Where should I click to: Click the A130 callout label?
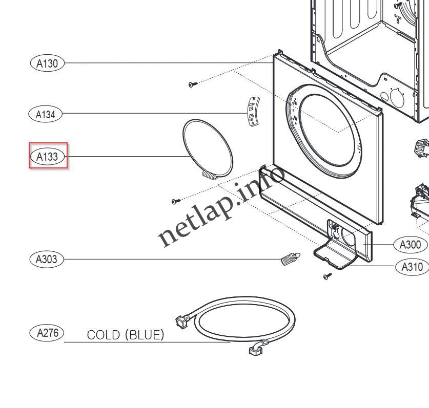click(47, 63)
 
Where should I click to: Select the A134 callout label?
click(45, 114)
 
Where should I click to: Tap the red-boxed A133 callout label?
click(48, 156)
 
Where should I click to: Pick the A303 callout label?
click(47, 259)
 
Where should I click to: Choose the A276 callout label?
click(48, 333)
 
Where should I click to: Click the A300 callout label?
click(410, 245)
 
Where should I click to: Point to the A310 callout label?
click(412, 267)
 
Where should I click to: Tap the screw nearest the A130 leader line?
click(192, 84)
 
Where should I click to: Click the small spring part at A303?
click(290, 259)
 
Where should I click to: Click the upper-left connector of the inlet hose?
click(181, 323)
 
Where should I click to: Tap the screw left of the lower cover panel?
click(176, 201)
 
